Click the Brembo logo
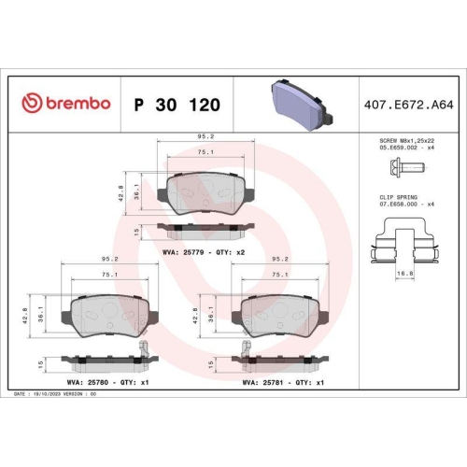point(65,102)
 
